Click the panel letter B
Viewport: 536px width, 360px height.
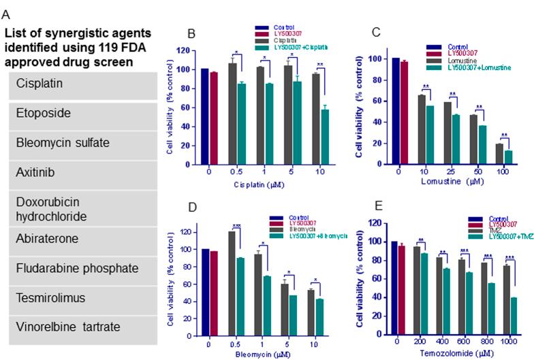(191, 33)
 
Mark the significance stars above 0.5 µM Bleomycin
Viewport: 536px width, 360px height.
(237, 226)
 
